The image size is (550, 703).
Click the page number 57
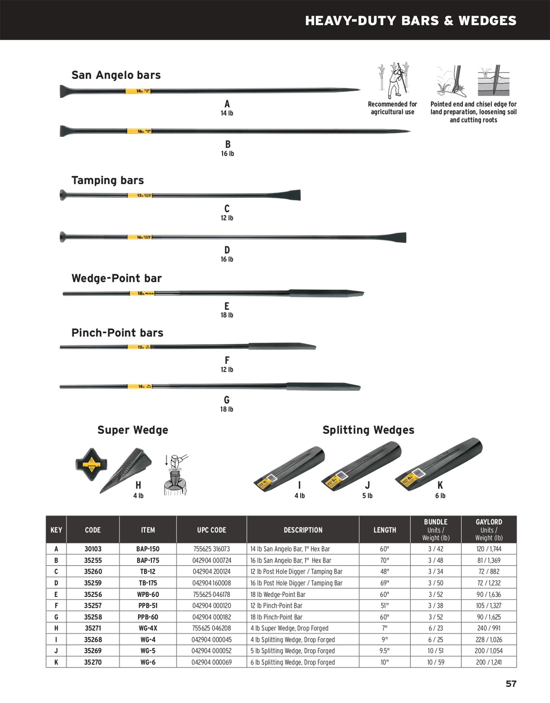click(x=511, y=683)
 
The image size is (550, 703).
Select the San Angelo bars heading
click(x=116, y=75)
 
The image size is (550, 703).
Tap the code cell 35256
click(x=93, y=594)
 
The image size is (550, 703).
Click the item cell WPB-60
click(x=148, y=594)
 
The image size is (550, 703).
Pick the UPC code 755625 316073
click(x=212, y=549)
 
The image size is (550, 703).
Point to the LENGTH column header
click(x=385, y=530)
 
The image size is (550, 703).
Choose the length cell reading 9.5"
click(x=385, y=651)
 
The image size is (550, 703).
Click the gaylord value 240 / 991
click(x=489, y=628)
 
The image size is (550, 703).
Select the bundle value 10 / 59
click(x=435, y=662)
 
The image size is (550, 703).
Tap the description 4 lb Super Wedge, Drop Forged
click(x=289, y=628)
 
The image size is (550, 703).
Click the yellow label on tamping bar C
click(x=140, y=196)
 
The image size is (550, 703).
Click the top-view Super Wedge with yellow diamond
click(x=91, y=464)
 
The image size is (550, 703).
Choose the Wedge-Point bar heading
click(x=116, y=278)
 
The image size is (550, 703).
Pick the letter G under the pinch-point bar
click(x=227, y=400)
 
